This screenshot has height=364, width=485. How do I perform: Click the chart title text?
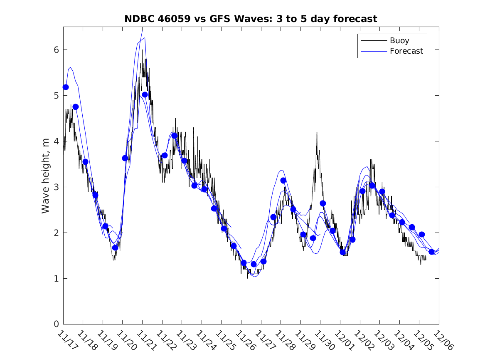(x=251, y=19)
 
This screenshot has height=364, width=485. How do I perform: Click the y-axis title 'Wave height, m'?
(x=46, y=176)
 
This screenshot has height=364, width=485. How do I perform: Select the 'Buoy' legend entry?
(x=399, y=41)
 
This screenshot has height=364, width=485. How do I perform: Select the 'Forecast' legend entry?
(x=406, y=51)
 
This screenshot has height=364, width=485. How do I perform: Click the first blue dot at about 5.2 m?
(x=66, y=87)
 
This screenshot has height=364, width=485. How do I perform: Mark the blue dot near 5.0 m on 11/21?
(x=145, y=94)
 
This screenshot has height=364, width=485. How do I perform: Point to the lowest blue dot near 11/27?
(x=254, y=264)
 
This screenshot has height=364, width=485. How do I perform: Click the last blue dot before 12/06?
(x=431, y=252)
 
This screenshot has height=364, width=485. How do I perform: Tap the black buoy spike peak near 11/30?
(x=317, y=132)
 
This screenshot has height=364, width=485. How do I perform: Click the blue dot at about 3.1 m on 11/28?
(x=283, y=181)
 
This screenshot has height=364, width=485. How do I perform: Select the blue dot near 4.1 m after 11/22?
(x=175, y=136)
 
